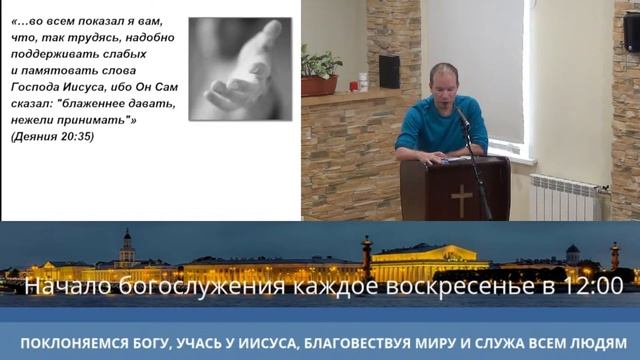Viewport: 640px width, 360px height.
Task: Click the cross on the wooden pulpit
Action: (x=461, y=198)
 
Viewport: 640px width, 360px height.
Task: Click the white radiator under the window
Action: (x=566, y=197)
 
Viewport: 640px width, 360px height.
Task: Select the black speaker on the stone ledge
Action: (x=389, y=71)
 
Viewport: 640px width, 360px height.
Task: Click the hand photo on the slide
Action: (x=240, y=68)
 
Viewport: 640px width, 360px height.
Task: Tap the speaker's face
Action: (x=443, y=81)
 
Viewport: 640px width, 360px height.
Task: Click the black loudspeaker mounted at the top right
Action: (x=631, y=34)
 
